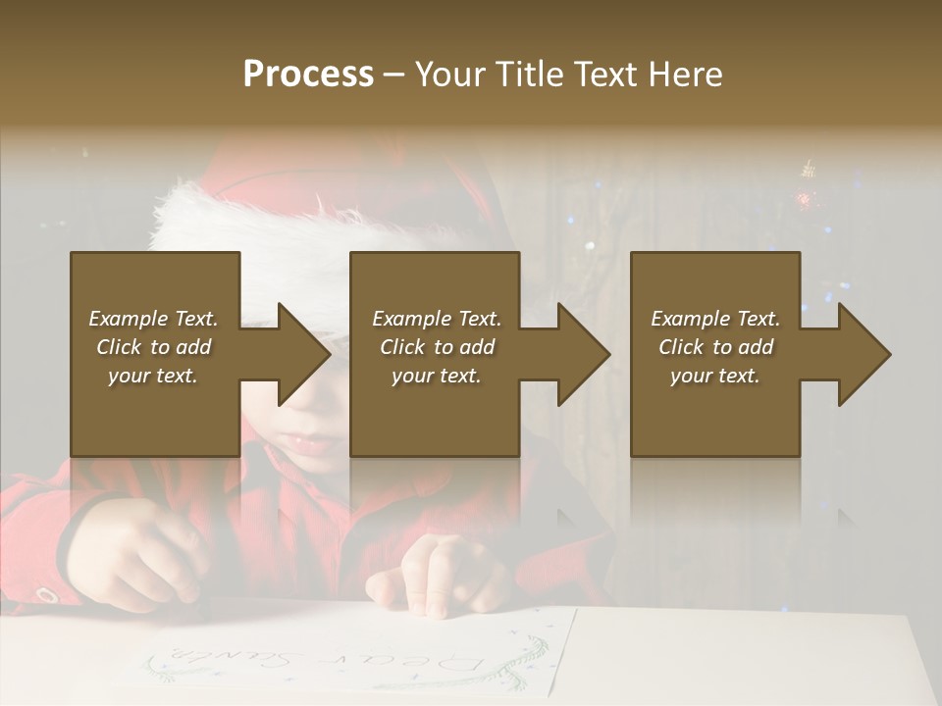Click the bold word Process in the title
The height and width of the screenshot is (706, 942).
tap(308, 75)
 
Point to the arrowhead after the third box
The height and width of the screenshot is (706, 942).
tap(863, 354)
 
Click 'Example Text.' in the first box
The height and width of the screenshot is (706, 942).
tap(153, 319)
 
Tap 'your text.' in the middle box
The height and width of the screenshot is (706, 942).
tap(437, 376)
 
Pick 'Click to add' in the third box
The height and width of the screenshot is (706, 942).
tap(715, 347)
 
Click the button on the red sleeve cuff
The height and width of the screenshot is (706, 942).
tap(44, 594)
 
